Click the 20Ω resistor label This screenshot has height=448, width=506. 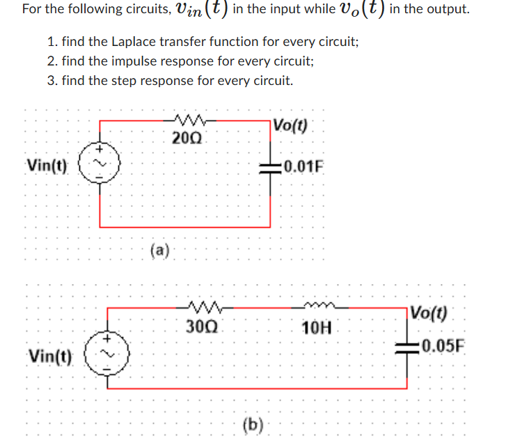pyautogui.click(x=186, y=137)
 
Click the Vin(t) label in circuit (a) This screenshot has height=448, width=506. pyautogui.click(x=47, y=167)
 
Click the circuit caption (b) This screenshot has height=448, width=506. pyautogui.click(x=252, y=424)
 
